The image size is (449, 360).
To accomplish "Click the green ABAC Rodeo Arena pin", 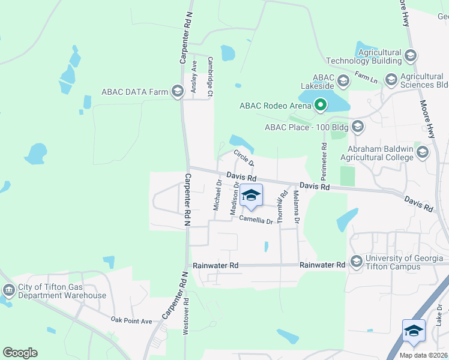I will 321,106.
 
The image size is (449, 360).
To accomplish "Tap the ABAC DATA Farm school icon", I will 177,92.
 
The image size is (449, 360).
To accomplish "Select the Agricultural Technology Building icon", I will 411,56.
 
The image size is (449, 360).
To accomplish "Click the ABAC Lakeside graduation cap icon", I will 343,80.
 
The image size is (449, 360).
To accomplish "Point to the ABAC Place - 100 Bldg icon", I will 358,127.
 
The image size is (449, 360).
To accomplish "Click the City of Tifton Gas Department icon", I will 9,291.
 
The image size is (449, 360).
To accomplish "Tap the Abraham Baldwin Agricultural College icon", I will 422,152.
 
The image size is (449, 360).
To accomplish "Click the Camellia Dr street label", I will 256,220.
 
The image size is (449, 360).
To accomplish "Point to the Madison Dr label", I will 235,198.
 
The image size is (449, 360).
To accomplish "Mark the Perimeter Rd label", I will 324,162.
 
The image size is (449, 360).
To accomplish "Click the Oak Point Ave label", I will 131,321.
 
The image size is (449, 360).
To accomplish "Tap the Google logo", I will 20,353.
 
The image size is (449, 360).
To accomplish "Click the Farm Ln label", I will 366,77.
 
